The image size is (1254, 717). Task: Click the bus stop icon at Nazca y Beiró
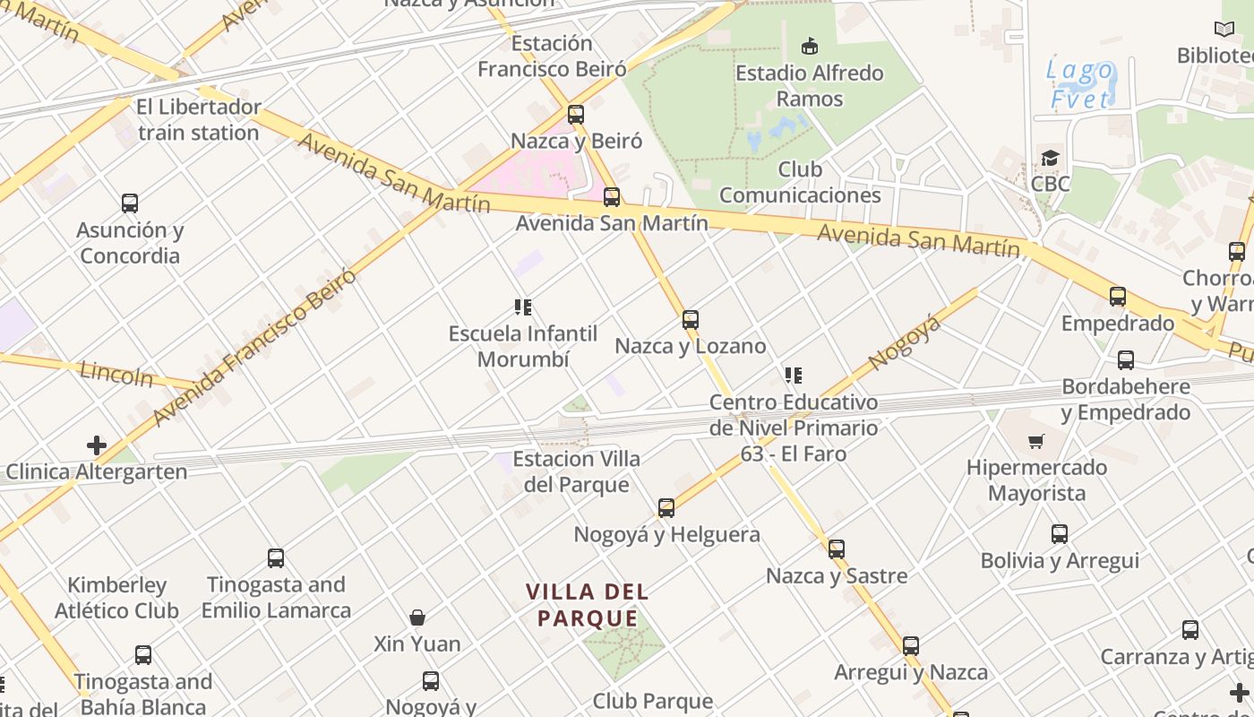pos(576,115)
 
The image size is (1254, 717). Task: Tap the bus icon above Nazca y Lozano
pos(690,320)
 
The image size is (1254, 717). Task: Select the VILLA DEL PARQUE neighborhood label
pos(587,605)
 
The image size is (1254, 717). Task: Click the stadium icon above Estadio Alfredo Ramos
pos(810,46)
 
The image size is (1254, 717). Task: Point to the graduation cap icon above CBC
pos(1050,159)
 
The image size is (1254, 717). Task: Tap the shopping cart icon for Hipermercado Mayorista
pos(1036,441)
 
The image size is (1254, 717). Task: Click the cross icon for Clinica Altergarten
pos(96,445)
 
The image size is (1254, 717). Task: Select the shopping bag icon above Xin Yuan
pos(417,618)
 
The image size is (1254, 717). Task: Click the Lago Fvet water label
pos(1080,84)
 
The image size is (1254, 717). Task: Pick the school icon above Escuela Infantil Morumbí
pos(523,308)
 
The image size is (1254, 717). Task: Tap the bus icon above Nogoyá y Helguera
pos(666,508)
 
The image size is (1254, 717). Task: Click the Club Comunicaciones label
pos(800,182)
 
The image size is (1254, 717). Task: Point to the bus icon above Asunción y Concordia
pos(130,203)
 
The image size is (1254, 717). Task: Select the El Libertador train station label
pos(199,120)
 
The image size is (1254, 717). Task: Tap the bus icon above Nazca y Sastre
pos(837,549)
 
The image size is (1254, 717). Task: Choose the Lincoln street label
pos(116,373)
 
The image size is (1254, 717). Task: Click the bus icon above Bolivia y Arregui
pos(1060,534)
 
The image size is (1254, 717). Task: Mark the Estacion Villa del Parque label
pos(576,471)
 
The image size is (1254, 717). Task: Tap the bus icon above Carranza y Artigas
pos(1190,630)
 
